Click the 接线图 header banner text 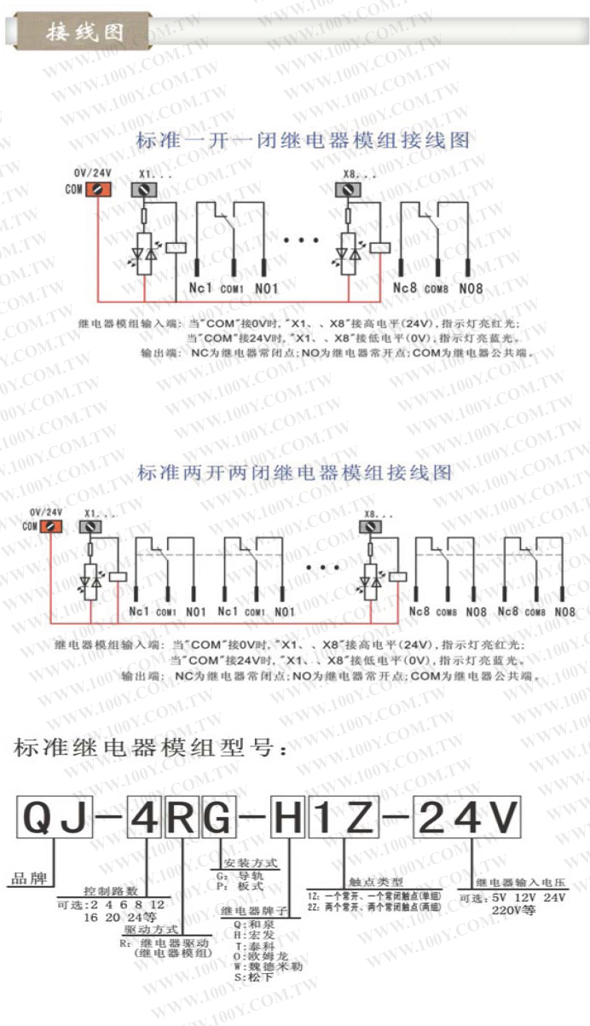pos(85,32)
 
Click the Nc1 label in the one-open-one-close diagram pos(200,288)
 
